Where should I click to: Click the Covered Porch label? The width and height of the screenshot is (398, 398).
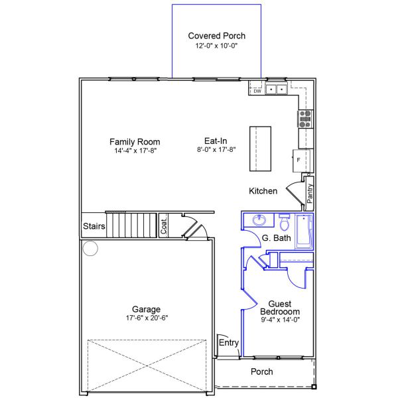(216, 36)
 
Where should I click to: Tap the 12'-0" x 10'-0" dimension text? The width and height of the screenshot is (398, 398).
(216, 46)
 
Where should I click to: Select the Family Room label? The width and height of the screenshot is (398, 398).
(135, 142)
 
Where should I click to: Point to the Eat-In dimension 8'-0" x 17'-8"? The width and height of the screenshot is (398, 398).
(216, 149)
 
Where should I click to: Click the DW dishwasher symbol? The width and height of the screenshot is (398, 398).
(257, 90)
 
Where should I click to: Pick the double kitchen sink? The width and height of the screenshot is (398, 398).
(276, 90)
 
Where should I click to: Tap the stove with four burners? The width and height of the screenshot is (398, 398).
(305, 119)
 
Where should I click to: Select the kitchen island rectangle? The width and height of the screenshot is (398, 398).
(260, 149)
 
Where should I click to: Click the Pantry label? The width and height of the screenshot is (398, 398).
(310, 194)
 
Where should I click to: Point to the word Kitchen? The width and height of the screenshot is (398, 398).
(263, 191)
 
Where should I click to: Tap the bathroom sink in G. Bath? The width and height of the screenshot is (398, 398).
(259, 220)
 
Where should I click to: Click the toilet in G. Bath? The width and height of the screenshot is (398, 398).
(285, 222)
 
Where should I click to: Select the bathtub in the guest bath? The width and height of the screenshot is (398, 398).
(304, 232)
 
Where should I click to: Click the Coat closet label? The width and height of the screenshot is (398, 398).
(164, 226)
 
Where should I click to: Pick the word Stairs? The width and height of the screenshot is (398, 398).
(94, 226)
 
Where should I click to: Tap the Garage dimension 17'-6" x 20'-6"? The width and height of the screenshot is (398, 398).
(147, 318)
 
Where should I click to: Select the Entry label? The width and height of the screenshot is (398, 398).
(229, 343)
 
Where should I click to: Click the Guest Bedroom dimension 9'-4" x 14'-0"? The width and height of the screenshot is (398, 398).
(281, 320)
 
